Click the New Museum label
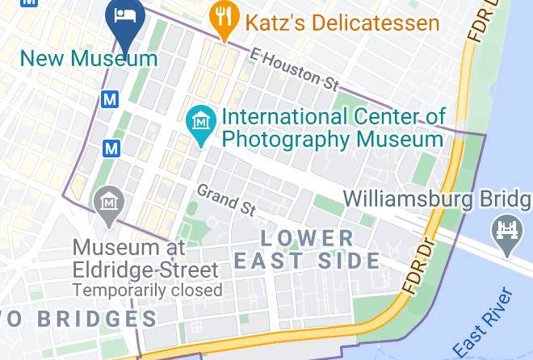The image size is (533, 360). [89, 58]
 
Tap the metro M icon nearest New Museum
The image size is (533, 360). [110, 98]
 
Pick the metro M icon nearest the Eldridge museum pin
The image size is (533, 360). [111, 149]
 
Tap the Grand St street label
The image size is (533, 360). [227, 199]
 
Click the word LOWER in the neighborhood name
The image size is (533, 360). [307, 238]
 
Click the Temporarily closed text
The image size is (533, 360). [147, 289]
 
